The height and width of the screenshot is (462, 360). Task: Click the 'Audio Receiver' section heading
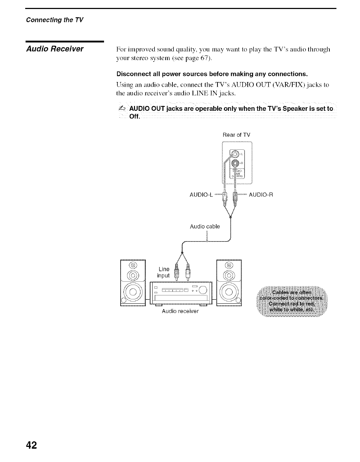[x=55, y=49]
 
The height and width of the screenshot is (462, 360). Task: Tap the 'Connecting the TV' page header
[x=54, y=20]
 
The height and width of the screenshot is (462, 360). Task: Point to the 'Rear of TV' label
[x=237, y=135]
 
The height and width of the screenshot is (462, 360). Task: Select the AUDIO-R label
[x=261, y=195]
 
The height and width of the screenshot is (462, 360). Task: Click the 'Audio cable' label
[x=205, y=227]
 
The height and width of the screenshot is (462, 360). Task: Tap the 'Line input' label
[x=163, y=272]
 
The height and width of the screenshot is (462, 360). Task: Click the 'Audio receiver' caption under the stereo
[x=180, y=311]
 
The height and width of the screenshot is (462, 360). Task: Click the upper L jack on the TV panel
[x=235, y=154]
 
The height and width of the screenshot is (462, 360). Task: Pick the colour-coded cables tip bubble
[x=291, y=300]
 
